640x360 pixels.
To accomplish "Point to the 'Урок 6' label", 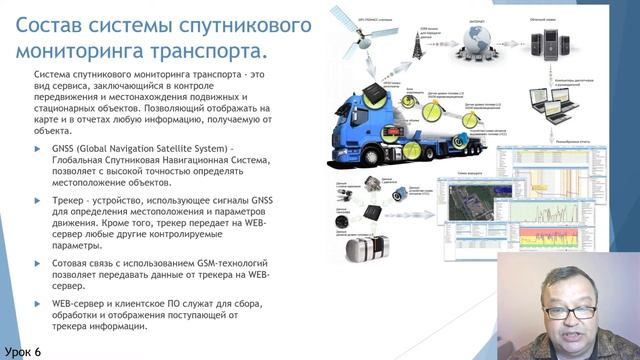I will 23,351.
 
